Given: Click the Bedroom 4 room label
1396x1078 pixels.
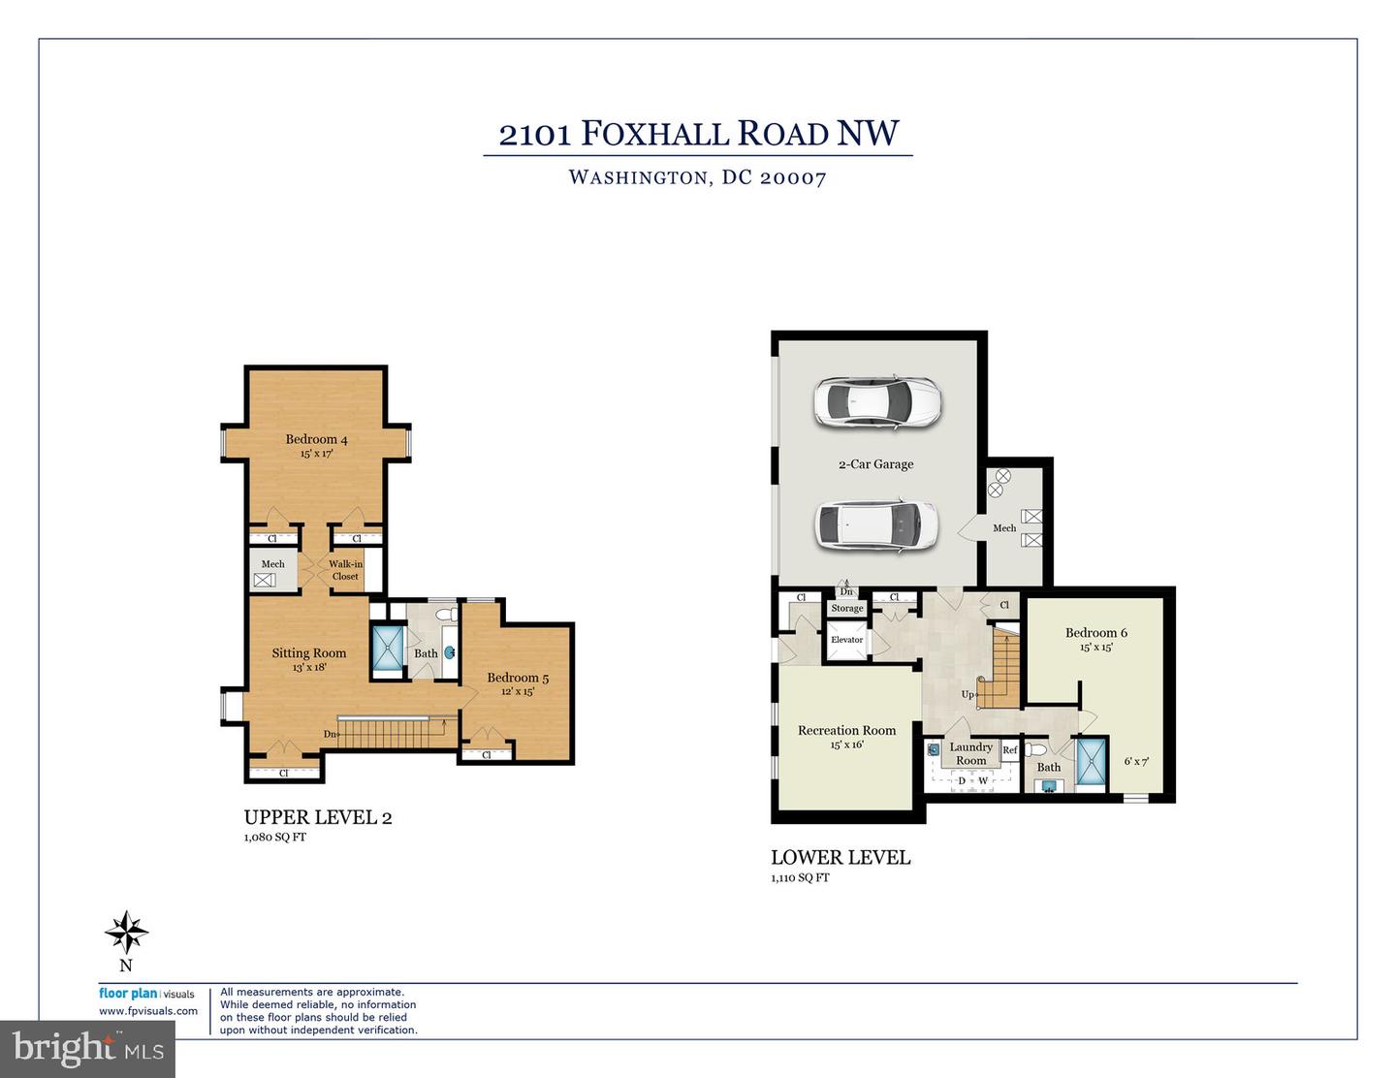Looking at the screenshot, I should point(316,440).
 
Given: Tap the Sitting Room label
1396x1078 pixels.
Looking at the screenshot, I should point(308,653).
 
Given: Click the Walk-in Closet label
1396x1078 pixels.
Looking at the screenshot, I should point(345,570).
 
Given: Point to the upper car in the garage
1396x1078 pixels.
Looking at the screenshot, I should point(877,400).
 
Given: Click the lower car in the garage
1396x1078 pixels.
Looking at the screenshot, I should point(877,524).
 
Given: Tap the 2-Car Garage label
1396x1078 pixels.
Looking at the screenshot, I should point(875,464).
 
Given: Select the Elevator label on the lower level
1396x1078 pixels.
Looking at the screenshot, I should point(846,640).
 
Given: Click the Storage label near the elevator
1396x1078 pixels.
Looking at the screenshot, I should point(846,609).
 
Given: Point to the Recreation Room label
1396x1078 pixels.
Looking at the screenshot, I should point(846,731).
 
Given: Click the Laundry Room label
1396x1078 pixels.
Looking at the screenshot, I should point(970,753).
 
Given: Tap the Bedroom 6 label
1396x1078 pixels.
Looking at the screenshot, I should point(1095,633).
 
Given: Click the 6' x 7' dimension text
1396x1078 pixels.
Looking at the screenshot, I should point(1135,762).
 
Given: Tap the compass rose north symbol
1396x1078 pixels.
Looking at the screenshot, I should point(126,934).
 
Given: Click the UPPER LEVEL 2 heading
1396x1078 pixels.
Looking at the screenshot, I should point(318,817).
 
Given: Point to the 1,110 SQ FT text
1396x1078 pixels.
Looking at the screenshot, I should point(800,877).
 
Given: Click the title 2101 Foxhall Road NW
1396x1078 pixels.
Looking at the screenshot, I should point(698,134).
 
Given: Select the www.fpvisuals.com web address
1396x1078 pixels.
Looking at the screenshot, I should point(148,1011).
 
